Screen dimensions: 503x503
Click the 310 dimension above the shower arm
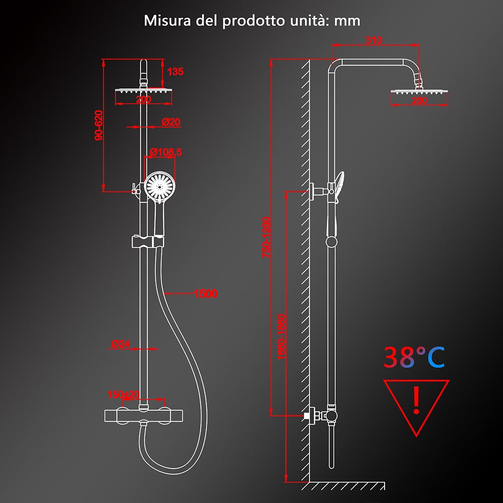point(374,41)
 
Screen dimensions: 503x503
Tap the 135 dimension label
point(175,72)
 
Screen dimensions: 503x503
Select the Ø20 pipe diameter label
point(171,122)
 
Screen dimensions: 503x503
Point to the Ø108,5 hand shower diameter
point(166,152)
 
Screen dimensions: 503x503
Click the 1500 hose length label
point(205,294)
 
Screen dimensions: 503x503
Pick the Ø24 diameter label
point(120,344)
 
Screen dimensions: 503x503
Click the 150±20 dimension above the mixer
point(124,394)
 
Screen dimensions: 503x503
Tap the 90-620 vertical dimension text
point(99,126)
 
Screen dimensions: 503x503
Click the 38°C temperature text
point(414,358)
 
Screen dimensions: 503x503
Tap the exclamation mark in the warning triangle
point(417,400)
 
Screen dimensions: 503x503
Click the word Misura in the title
point(163,21)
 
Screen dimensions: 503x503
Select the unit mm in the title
point(347,21)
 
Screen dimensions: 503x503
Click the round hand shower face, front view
point(159,186)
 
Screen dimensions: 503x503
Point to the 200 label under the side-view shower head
point(419,101)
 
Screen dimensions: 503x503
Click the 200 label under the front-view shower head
point(143,100)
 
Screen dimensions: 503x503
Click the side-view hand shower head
point(340,184)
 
